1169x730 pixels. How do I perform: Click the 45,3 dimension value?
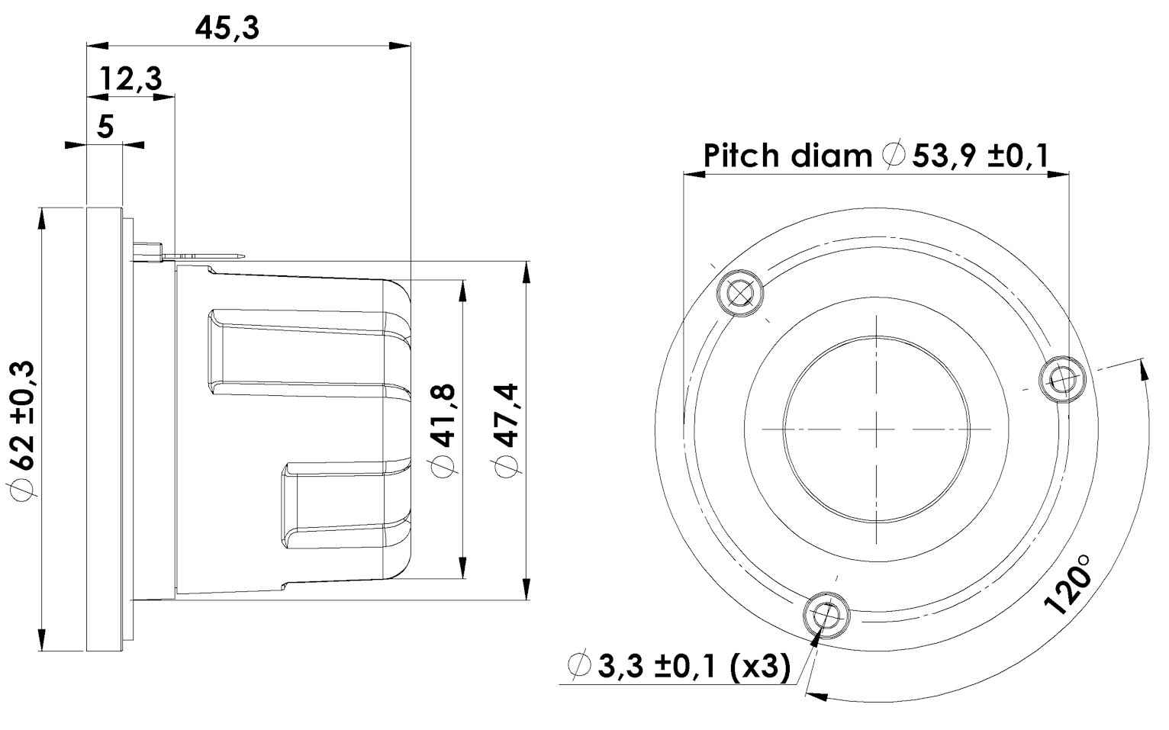pyautogui.click(x=227, y=28)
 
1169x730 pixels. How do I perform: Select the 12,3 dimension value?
pyautogui.click(x=130, y=79)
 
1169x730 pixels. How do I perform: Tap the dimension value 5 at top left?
pyautogui.click(x=105, y=126)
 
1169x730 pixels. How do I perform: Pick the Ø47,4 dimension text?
pyautogui.click(x=506, y=431)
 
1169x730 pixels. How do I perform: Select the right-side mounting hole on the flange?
pyautogui.click(x=1063, y=378)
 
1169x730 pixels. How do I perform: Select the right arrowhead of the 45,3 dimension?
pyautogui.click(x=401, y=45)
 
